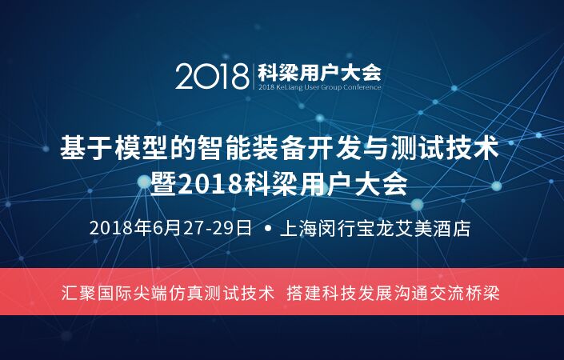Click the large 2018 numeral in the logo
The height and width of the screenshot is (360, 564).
click(212, 76)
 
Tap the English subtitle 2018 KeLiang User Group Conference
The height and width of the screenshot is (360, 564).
click(319, 87)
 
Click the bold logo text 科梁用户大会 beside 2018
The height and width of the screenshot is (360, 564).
click(319, 72)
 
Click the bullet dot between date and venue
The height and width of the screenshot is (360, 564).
click(267, 228)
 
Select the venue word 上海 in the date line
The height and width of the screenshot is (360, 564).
click(298, 228)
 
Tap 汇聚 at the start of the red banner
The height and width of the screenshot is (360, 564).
click(78, 293)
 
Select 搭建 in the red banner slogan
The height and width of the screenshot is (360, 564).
click(304, 293)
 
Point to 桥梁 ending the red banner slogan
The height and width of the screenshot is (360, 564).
click(482, 293)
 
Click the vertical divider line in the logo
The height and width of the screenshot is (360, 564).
click(254, 75)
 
